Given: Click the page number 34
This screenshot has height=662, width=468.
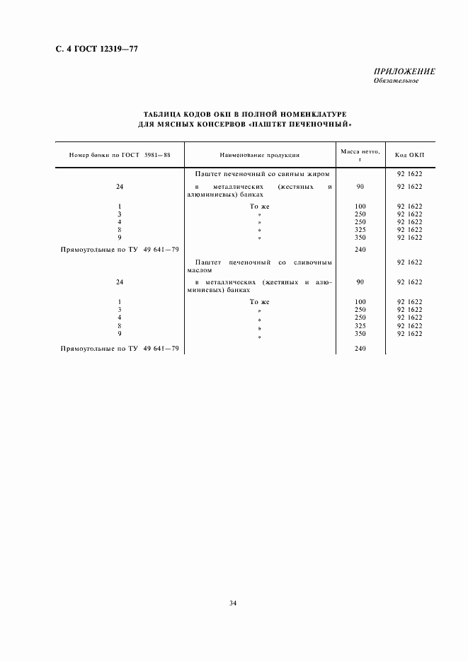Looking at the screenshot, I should pyautogui.click(x=233, y=603).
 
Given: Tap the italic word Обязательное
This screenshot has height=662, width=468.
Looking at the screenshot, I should pyautogui.click(x=396, y=81).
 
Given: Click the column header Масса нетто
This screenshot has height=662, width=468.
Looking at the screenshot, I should pyautogui.click(x=360, y=151).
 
